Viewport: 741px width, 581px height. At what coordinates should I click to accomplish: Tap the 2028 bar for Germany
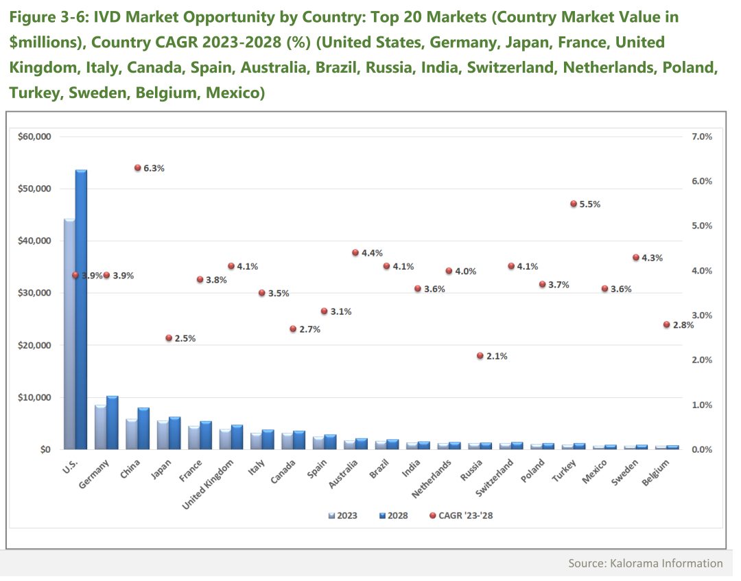(x=112, y=423)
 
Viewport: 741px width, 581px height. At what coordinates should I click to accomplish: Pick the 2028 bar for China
(x=143, y=429)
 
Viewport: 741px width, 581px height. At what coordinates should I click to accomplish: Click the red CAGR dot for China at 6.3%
(x=137, y=167)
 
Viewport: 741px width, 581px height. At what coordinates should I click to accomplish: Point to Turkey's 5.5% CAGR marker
(x=574, y=204)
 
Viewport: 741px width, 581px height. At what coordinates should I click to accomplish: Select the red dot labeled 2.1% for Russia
(x=480, y=355)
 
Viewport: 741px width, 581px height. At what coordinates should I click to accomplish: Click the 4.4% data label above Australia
(x=373, y=253)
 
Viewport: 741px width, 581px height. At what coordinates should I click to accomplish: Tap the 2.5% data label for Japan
(x=185, y=338)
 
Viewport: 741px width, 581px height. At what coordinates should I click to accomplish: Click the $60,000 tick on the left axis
(x=34, y=137)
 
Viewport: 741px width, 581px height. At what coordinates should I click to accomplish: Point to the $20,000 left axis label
(x=34, y=345)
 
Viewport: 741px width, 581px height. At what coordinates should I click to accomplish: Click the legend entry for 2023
(x=340, y=515)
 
